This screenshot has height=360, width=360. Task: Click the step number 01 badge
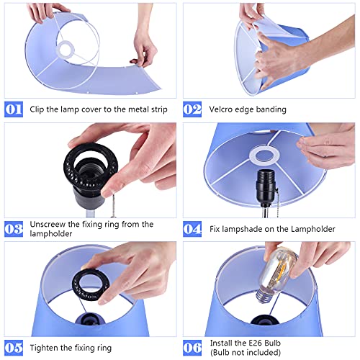point(14,109)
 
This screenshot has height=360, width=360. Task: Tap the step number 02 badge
point(192,109)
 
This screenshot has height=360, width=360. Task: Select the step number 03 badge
point(14,229)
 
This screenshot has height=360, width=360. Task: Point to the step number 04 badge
point(192,229)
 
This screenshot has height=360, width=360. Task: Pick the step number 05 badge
point(14,348)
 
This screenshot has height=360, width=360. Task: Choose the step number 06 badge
point(192,348)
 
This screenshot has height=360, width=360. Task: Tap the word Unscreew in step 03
point(48,225)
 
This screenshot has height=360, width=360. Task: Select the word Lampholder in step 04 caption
point(313,229)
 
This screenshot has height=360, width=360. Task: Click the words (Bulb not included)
point(246,353)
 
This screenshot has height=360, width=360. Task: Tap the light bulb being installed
point(276,274)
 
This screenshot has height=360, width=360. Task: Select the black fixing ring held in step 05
point(91,285)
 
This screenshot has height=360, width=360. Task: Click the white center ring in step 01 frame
point(66,49)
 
